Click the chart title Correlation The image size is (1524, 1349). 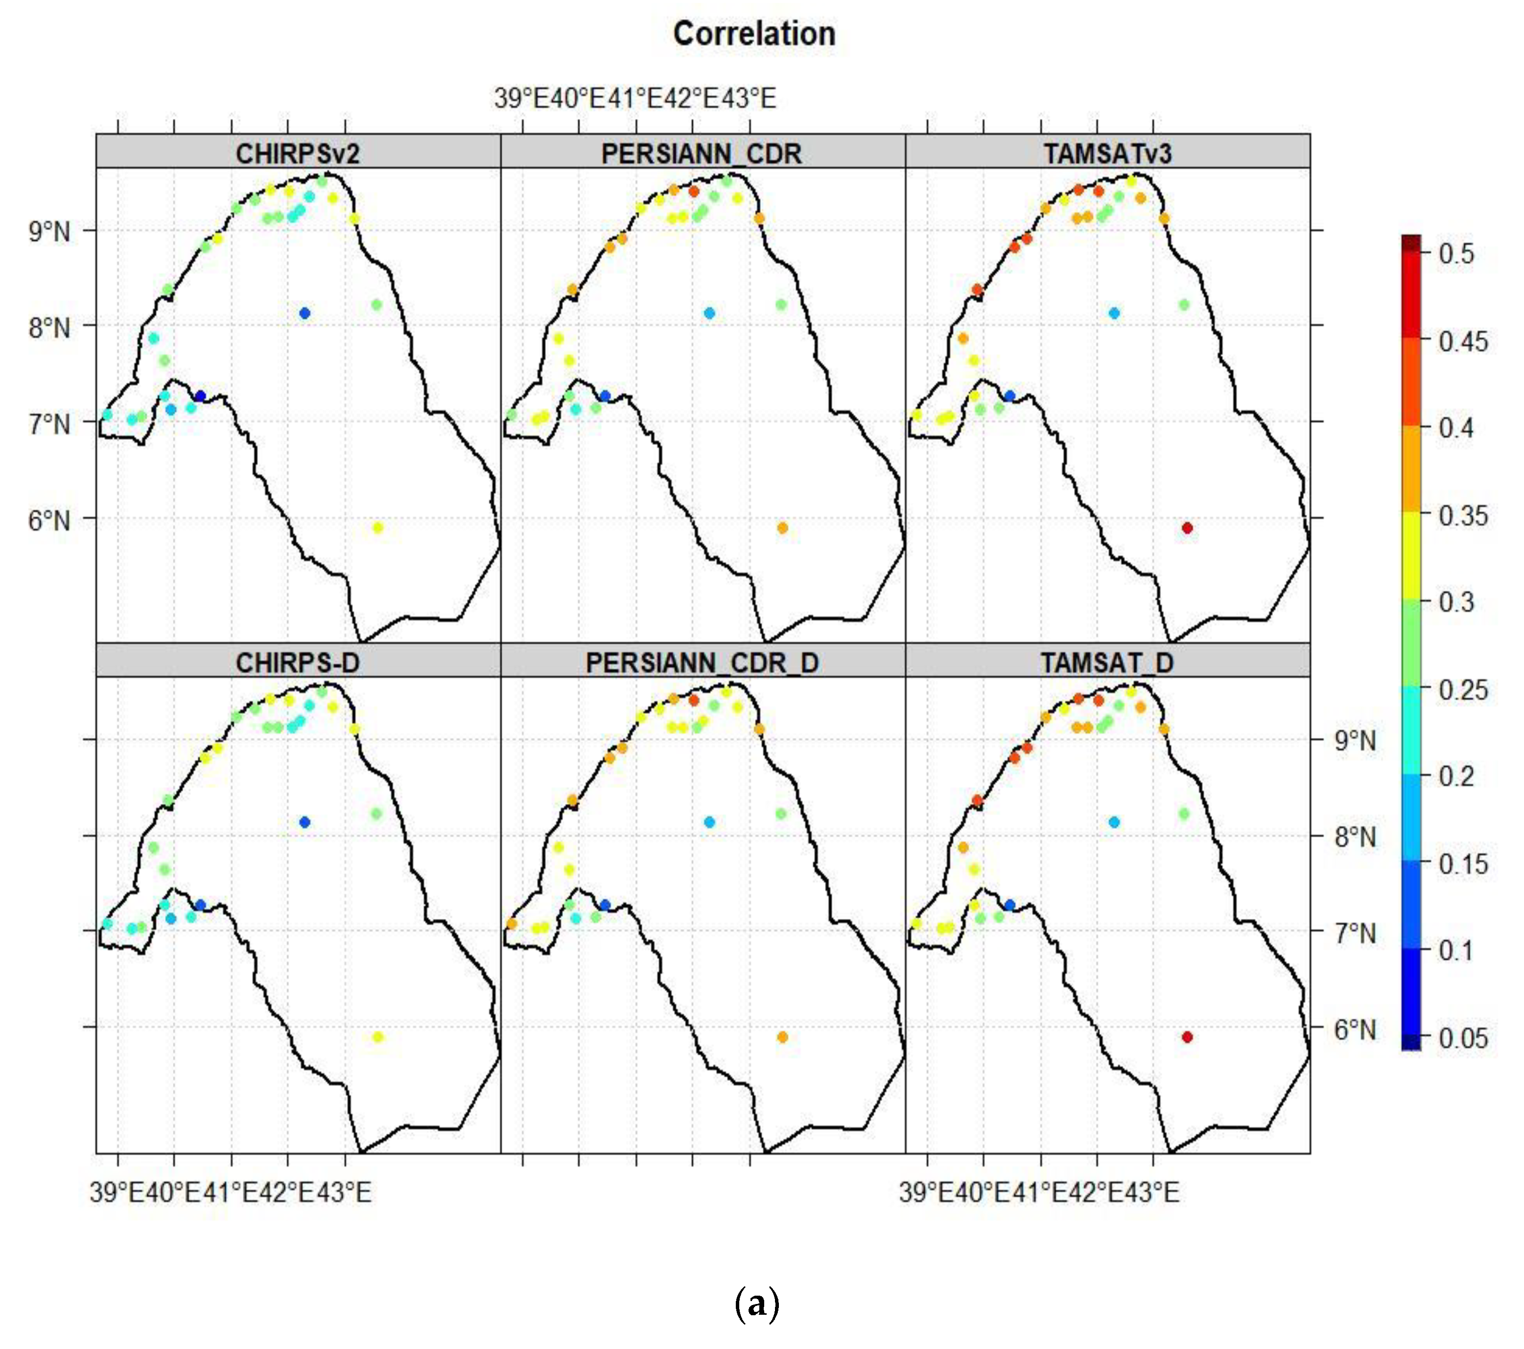click(754, 34)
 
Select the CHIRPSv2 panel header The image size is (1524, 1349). click(298, 154)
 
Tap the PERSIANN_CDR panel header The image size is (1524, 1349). click(702, 154)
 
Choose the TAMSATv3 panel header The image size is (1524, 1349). click(1107, 154)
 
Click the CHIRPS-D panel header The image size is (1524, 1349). click(298, 663)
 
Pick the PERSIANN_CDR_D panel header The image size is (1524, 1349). click(702, 663)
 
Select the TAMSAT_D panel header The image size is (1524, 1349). click(1107, 663)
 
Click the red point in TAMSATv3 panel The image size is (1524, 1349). click(1188, 527)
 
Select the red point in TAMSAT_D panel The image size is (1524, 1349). click(1188, 1037)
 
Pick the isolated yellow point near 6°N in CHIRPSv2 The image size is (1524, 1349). click(378, 527)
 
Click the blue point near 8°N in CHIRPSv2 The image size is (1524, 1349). click(304, 313)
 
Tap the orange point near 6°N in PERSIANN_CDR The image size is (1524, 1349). click(782, 527)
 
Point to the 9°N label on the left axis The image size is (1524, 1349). click(49, 232)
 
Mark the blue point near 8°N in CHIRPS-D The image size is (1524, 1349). click(304, 822)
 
